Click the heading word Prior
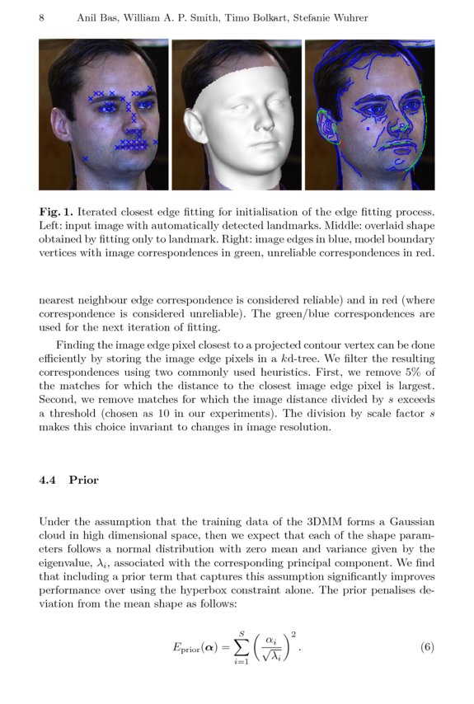point(84,480)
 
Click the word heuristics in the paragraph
point(283,373)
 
